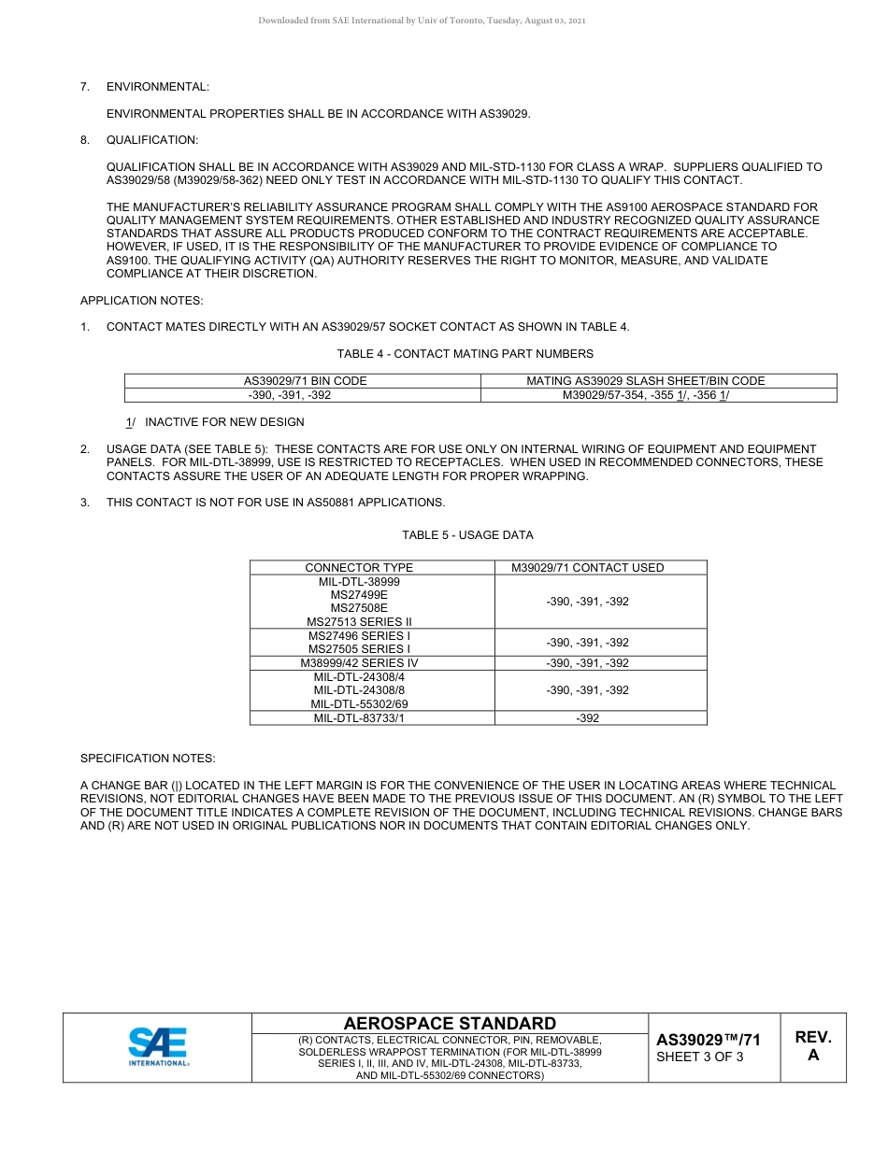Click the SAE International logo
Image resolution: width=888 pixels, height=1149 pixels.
point(158,1046)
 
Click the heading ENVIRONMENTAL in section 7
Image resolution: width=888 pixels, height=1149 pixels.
point(157,87)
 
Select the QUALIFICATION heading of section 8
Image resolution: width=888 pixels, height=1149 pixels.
point(151,140)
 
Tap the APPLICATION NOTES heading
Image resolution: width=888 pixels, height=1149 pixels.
point(141,300)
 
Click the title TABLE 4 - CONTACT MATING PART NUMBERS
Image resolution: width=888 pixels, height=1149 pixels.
point(465,354)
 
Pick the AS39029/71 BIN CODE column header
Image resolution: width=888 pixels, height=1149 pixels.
point(305,381)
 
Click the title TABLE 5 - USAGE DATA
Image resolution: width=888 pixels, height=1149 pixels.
point(467,535)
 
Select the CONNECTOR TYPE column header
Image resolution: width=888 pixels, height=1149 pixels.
point(358,568)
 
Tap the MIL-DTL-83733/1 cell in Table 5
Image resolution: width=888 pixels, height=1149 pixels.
point(359,718)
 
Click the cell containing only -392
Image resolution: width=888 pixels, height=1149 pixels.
point(587,718)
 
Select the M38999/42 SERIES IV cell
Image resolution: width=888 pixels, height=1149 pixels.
point(359,663)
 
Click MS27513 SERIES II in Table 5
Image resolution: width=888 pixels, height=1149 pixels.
point(359,621)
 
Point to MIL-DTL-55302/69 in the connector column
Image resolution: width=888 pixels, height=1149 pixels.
point(359,704)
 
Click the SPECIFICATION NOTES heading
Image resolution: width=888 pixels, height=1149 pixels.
point(147,759)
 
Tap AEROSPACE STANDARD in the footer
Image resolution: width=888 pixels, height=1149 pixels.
point(450,1024)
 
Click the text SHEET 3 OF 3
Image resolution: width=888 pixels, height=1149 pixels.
point(699,1057)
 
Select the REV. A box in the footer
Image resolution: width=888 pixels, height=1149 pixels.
point(812,1046)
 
